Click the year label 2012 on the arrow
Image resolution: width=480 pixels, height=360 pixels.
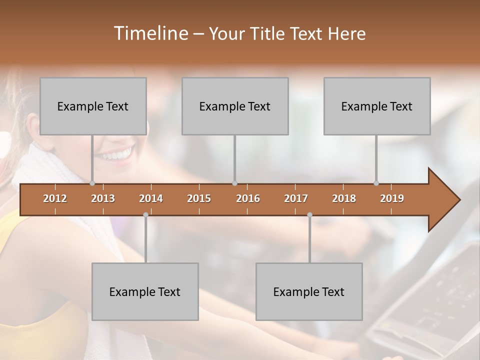(55, 198)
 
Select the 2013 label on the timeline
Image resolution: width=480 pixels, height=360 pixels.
(103, 198)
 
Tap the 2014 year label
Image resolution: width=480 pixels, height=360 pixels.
(151, 198)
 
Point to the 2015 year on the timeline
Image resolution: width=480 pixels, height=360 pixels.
(199, 198)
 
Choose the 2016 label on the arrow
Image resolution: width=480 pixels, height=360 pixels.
(248, 198)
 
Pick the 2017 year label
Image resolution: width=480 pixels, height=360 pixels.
(296, 198)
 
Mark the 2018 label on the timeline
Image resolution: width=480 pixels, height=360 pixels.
(344, 198)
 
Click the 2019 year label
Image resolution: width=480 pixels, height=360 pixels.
(392, 198)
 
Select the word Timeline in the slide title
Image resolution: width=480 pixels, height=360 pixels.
(150, 33)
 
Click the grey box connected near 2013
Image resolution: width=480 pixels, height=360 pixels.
(93, 106)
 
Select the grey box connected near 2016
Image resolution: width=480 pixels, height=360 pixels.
(235, 106)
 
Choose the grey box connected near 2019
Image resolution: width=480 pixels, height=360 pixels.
(377, 106)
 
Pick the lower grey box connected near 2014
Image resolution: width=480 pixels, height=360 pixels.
(145, 291)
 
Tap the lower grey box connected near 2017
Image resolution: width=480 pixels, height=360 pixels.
(309, 291)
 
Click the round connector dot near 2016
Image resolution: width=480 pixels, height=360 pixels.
(234, 183)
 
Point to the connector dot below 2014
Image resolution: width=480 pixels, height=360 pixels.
(145, 214)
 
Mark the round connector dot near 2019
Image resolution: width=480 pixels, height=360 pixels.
(376, 183)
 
